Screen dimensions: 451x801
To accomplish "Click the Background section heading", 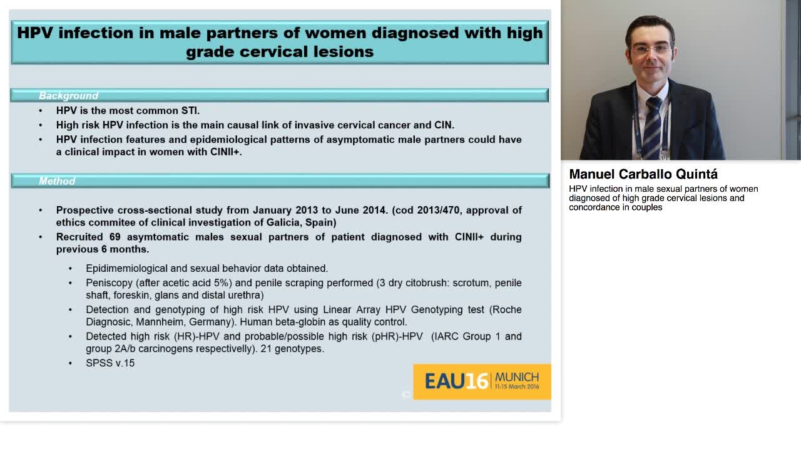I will pos(69,96).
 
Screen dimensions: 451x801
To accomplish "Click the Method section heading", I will pos(57,181).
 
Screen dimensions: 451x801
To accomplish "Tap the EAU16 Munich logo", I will pos(481,381).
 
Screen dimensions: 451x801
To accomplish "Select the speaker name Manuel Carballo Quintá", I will pos(643,174).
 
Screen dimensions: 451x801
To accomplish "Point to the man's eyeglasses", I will pos(651,49).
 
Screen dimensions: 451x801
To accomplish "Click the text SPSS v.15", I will pos(110,363).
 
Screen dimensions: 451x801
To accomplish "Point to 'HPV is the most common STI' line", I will pos(128,110).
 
